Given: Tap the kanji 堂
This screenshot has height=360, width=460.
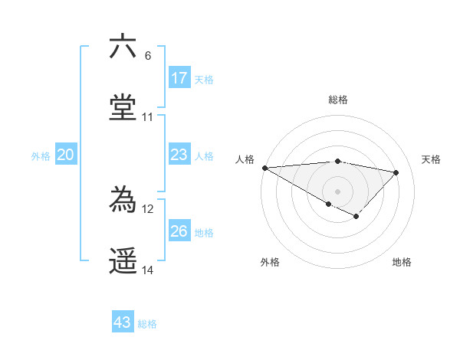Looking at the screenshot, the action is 123,106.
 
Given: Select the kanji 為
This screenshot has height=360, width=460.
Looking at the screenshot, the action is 123,200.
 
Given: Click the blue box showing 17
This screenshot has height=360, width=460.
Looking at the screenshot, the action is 179,78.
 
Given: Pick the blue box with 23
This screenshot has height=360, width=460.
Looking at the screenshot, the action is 179,155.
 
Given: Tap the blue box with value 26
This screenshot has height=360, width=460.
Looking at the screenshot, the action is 179,231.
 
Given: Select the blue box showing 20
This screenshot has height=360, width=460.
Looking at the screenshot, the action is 66,155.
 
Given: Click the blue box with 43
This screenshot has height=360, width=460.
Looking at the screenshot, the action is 123,322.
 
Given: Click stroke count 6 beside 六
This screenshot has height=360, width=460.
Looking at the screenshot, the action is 147,56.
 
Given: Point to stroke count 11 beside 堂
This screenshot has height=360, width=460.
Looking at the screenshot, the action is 147,117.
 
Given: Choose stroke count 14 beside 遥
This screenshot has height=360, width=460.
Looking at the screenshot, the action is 147,270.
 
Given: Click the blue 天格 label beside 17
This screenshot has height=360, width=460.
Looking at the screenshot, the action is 204,80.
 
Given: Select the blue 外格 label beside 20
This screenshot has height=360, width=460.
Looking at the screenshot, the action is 41,156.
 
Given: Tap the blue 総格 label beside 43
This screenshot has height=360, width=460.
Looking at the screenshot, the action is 147,324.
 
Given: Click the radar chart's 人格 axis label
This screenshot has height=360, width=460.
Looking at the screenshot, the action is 245,159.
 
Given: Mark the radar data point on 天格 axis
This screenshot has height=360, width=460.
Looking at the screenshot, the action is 396,172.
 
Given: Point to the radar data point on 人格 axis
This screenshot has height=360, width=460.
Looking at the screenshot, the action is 264,168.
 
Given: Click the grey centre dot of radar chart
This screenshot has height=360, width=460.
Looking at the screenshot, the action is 337,191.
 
